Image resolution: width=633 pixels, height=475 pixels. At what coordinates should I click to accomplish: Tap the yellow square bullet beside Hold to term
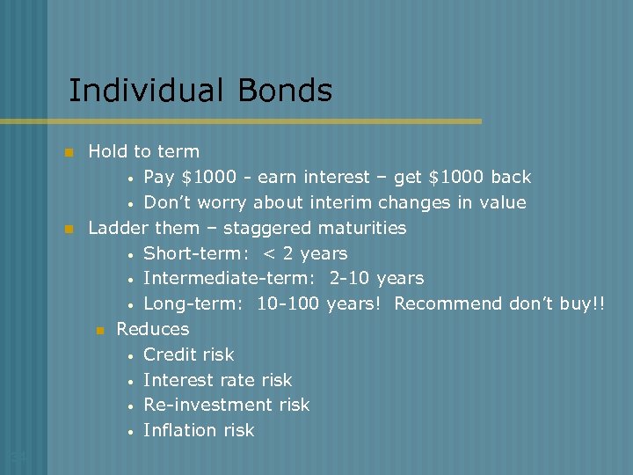pos(67,153)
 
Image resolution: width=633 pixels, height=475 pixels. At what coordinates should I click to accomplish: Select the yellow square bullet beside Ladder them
pos(67,229)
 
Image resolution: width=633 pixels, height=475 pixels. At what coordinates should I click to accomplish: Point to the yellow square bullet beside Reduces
pos(99,330)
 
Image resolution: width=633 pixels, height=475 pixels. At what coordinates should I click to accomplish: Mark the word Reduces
pos(153,329)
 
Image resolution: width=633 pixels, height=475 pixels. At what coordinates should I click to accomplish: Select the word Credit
pos(170,354)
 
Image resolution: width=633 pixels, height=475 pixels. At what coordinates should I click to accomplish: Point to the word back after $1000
pos(511,178)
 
